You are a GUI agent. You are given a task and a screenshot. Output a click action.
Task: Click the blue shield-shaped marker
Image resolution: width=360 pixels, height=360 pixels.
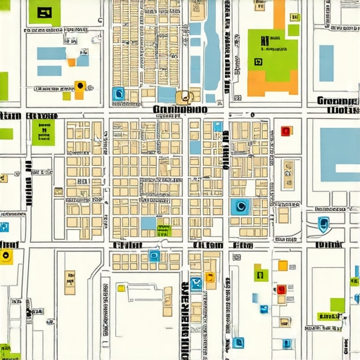pyautogui.click(x=323, y=224)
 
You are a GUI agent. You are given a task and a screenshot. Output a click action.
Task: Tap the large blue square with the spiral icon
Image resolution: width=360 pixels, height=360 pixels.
pyautogui.click(x=240, y=207)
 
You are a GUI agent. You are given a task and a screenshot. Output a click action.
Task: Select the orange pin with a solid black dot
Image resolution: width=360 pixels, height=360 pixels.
pyautogui.click(x=80, y=86)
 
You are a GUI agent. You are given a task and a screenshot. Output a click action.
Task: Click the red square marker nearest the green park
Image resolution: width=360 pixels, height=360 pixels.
pyautogui.click(x=285, y=131)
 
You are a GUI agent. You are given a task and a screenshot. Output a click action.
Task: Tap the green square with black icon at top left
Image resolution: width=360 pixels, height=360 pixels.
pyautogui.click(x=46, y=13)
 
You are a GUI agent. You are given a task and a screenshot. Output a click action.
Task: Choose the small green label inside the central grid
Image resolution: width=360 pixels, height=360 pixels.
pyautogui.click(x=164, y=230)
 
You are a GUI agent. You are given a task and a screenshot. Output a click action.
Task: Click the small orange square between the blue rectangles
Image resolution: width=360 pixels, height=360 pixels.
pyautogui.click(x=71, y=62)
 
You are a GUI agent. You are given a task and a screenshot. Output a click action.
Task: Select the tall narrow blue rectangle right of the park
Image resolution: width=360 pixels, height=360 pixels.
pyautogui.click(x=326, y=63)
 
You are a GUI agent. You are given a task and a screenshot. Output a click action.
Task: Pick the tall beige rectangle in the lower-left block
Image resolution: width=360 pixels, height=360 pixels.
pyautogui.click(x=70, y=281)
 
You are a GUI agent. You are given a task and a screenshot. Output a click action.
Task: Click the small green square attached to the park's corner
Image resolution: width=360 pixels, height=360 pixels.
pyautogui.click(x=294, y=30)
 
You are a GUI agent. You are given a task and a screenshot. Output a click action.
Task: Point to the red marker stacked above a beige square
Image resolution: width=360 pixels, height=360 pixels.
pyautogui.click(x=281, y=289)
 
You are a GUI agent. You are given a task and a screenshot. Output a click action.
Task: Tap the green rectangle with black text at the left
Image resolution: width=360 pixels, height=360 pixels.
pyautogui.click(x=43, y=131)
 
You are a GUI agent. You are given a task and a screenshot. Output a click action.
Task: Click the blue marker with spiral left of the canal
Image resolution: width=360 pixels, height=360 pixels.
pyautogui.click(x=117, y=93)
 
